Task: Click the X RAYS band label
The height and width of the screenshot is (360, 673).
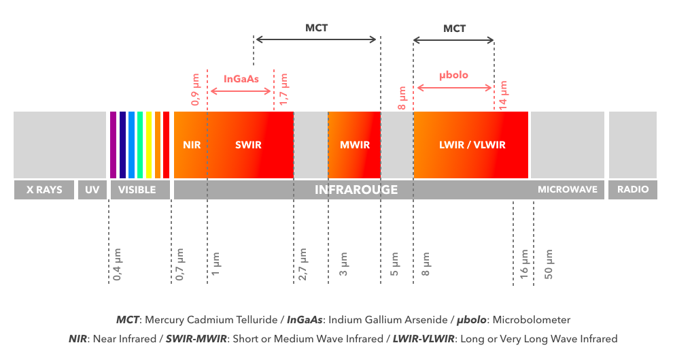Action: point(44,190)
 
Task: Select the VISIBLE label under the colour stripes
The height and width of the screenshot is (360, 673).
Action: point(137,190)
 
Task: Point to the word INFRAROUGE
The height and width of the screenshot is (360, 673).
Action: point(356,190)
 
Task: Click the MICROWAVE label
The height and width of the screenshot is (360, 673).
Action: point(567,190)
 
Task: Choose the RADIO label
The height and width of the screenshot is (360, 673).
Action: point(632,190)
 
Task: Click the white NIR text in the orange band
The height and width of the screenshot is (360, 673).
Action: point(192,145)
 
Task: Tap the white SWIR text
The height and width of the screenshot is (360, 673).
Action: point(248,145)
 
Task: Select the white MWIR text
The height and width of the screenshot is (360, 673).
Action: point(354,145)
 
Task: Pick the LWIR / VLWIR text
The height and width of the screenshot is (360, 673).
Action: point(472,145)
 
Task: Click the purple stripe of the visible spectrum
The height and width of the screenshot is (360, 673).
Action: point(114,145)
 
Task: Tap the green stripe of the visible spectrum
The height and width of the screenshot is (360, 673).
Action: point(140,145)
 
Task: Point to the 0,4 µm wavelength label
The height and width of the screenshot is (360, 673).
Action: point(117,265)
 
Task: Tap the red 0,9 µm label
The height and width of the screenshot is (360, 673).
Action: point(196,89)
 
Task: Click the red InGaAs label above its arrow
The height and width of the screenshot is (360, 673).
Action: point(241,79)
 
